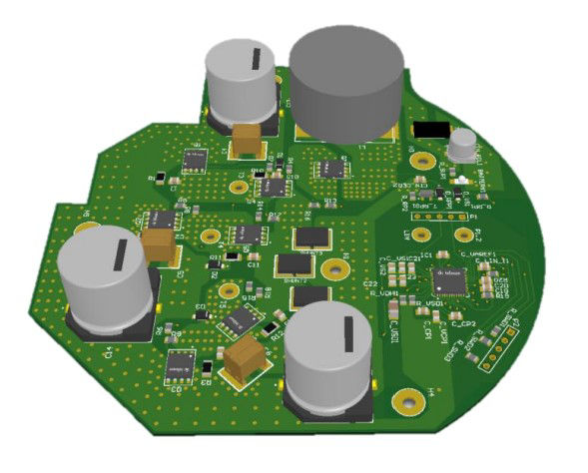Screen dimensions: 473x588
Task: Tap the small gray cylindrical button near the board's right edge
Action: point(462,145)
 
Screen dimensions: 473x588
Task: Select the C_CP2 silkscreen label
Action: point(461,322)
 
